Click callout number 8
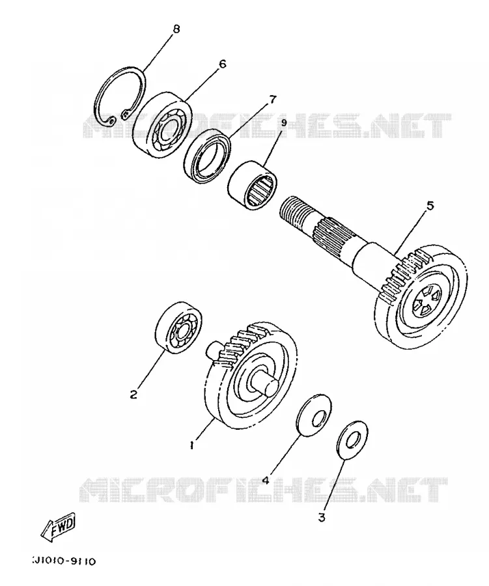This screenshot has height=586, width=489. [x=176, y=29]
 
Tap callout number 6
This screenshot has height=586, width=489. [x=222, y=64]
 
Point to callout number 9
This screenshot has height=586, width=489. [x=283, y=122]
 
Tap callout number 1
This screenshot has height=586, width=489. [x=192, y=445]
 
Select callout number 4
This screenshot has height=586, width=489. [x=266, y=479]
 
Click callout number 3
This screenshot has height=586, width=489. [x=322, y=518]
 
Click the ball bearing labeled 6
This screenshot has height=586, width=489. [x=163, y=124]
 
